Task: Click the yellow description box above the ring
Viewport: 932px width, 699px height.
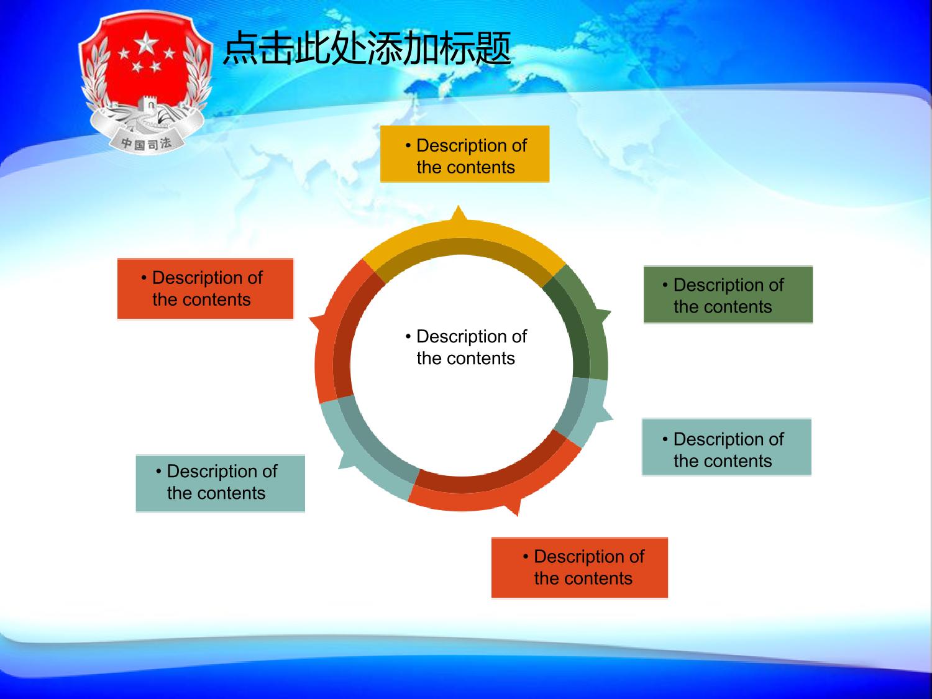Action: point(465,154)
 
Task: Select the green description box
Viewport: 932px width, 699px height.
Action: point(728,295)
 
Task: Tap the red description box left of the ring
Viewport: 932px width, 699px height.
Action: point(206,288)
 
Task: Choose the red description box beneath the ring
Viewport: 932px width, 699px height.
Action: point(580,567)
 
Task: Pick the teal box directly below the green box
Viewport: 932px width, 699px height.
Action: point(726,447)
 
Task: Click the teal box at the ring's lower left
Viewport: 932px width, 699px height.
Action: point(221,483)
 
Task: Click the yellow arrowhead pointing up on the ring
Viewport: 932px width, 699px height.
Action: point(459,214)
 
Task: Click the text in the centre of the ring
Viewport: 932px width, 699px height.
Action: point(466,347)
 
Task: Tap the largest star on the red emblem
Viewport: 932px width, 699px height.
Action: point(146,43)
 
